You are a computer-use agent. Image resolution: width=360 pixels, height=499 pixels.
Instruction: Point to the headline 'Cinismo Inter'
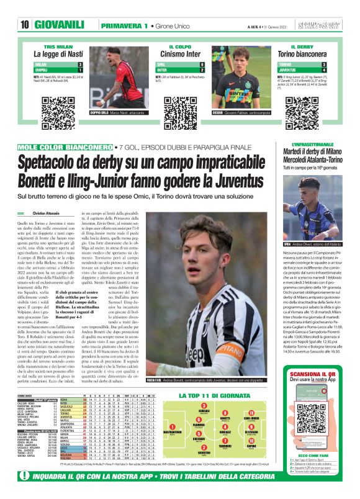tap(181, 53)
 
